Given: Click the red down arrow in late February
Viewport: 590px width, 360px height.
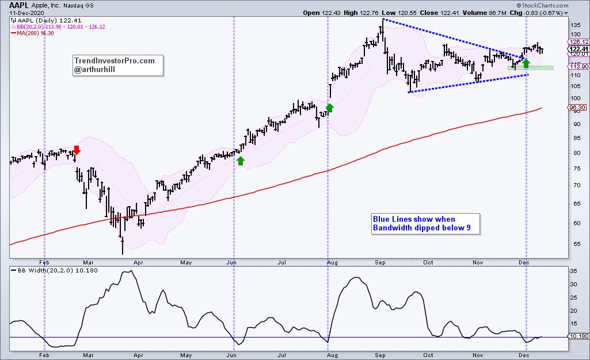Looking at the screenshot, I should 77,150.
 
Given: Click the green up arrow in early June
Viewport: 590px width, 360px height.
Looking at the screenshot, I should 241,161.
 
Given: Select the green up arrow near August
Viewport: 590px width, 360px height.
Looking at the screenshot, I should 330,107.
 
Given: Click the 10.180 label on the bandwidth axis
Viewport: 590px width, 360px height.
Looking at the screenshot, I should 578,337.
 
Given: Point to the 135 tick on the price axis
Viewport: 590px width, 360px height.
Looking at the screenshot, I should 573,25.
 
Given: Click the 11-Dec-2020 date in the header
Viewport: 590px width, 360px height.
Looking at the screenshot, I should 25,12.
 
